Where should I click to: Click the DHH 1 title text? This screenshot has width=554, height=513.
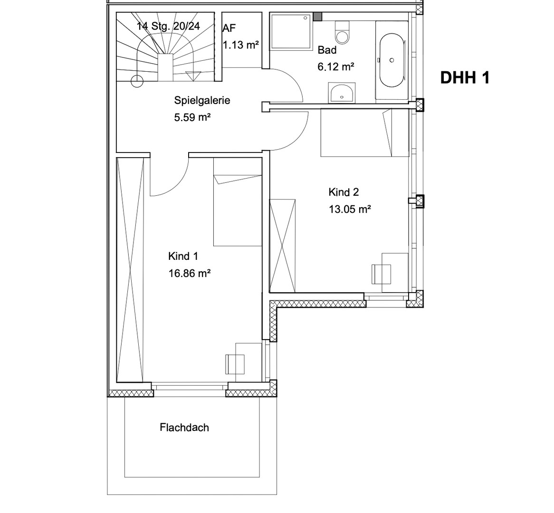pyautogui.click(x=464, y=77)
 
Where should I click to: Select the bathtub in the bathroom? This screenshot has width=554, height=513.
pyautogui.click(x=392, y=60)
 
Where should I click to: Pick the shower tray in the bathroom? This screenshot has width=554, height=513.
pyautogui.click(x=291, y=31)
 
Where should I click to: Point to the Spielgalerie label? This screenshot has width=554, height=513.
pyautogui.click(x=202, y=100)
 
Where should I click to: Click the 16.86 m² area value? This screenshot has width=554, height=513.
pyautogui.click(x=189, y=273)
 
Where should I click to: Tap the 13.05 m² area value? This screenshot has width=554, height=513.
pyautogui.click(x=349, y=209)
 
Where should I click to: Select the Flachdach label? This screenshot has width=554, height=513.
pyautogui.click(x=184, y=427)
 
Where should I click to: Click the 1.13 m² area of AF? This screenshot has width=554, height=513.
pyautogui.click(x=241, y=45)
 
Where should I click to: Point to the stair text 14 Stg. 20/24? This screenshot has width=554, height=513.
pyautogui.click(x=168, y=26)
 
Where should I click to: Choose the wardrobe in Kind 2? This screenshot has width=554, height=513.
pyautogui.click(x=283, y=246)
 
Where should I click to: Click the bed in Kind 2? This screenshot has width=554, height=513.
pyautogui.click(x=364, y=133)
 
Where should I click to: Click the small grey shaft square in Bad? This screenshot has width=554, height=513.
pyautogui.click(x=317, y=17)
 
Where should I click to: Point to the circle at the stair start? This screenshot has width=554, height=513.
pyautogui.click(x=137, y=81)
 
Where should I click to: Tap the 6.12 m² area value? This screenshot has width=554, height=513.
pyautogui.click(x=335, y=67)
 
